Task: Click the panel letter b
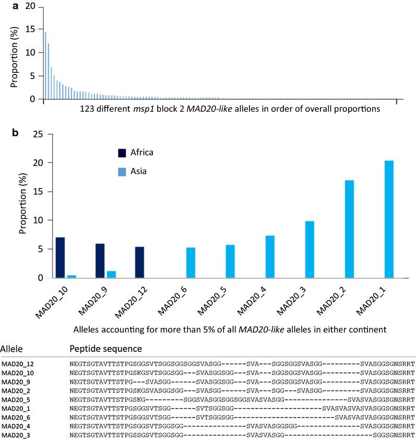(16, 133)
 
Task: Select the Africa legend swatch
(122, 152)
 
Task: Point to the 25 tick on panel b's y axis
(34, 134)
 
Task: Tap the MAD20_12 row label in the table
(18, 363)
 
